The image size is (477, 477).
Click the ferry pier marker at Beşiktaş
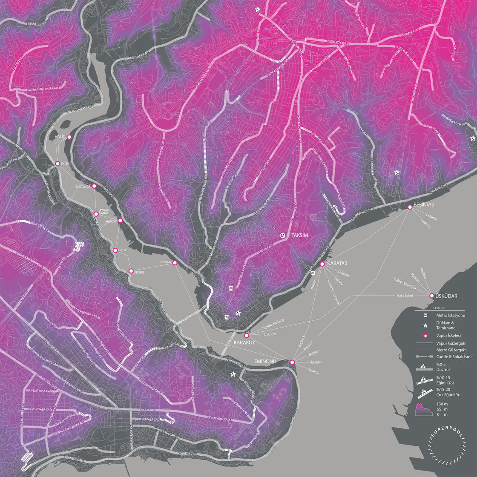click(x=410, y=207)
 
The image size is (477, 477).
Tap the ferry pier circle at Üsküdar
click(x=431, y=296)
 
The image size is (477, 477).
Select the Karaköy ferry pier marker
click(x=247, y=336)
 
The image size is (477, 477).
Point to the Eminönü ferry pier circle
click(x=292, y=362)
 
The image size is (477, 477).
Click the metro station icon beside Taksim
click(x=282, y=235)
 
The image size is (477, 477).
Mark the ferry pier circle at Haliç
click(x=69, y=137)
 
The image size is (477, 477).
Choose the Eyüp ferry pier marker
click(x=57, y=164)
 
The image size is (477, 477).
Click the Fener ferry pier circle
click(x=131, y=271)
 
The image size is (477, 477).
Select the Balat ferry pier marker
click(x=115, y=250)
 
